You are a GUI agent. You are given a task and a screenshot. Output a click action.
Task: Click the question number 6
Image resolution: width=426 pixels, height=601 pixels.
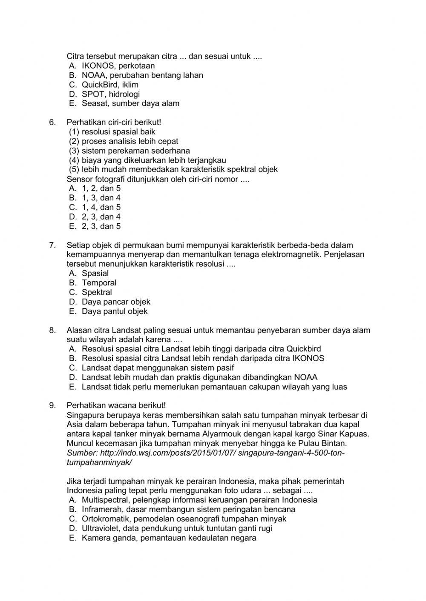point(52,122)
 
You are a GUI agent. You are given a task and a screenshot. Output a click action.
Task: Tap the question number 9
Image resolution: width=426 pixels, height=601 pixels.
point(52,405)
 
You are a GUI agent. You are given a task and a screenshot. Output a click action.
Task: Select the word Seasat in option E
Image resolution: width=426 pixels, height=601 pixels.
point(94,103)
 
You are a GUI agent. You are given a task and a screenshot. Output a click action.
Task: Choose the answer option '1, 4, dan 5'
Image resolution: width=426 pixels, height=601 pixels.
point(101,208)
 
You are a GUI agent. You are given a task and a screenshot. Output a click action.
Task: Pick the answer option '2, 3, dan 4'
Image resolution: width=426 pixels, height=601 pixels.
point(101,217)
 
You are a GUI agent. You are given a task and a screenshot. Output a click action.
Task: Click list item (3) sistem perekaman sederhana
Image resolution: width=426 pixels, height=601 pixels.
point(130,151)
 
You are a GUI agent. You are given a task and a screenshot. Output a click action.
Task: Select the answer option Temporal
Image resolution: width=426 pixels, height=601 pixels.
point(99,283)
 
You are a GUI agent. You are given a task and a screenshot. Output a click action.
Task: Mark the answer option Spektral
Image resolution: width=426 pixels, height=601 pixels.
point(97,292)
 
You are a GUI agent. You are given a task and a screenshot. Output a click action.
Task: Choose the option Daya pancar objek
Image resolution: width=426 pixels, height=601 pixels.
point(116,302)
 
